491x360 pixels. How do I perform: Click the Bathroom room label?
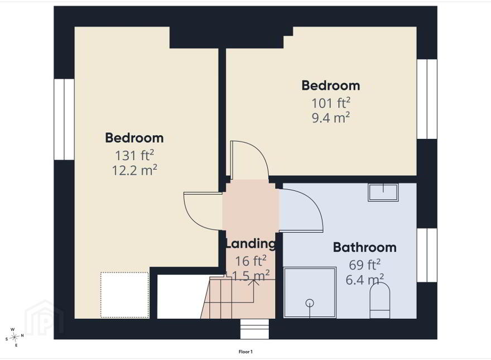click(364, 247)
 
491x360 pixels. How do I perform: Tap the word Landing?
click(251, 243)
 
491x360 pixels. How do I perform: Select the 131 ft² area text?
click(134, 155)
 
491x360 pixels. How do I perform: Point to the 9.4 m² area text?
click(331, 118)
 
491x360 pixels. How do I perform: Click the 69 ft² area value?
click(364, 265)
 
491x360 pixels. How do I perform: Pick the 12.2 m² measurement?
click(134, 170)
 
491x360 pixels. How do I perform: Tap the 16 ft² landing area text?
click(251, 260)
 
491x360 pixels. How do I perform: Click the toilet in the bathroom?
click(380, 300)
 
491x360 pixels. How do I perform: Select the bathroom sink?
click(383, 193)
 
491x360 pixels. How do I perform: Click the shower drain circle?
click(310, 303)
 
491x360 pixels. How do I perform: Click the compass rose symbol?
click(15, 337)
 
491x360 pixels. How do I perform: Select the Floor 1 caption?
click(245, 352)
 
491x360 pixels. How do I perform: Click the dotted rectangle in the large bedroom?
click(124, 295)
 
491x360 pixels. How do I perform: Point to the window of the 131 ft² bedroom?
click(64, 119)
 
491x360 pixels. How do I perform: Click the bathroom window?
click(427, 256)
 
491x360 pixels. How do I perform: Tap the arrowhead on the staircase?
click(254, 282)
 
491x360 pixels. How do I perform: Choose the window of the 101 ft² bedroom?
click(427, 99)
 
